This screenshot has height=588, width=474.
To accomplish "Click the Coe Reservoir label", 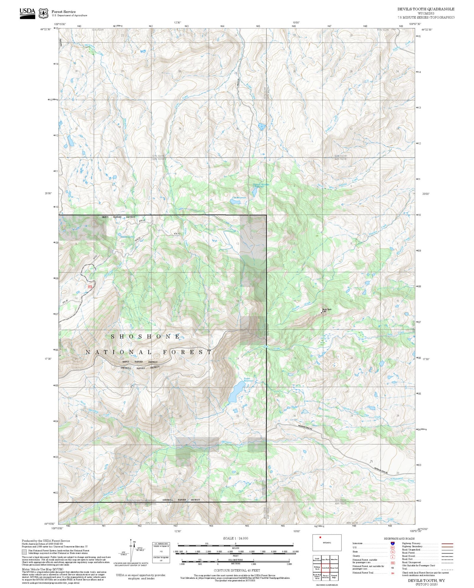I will click(239, 198).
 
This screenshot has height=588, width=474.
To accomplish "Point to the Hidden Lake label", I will click(127, 237).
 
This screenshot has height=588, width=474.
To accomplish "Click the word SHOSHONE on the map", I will click(146, 337).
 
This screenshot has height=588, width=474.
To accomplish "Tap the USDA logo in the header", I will click(27, 13).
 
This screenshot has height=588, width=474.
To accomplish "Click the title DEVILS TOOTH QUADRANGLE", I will click(426, 9).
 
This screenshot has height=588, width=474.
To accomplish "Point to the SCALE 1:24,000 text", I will click(235, 538).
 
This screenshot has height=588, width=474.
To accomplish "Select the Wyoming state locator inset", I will click(327, 542).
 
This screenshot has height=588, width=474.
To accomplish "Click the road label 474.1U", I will click(177, 234).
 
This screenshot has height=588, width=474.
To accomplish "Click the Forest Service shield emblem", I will click(43, 13).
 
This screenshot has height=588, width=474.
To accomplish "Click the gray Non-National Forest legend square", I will click(24, 561).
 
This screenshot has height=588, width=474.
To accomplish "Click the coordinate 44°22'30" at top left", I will click(46, 29).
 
